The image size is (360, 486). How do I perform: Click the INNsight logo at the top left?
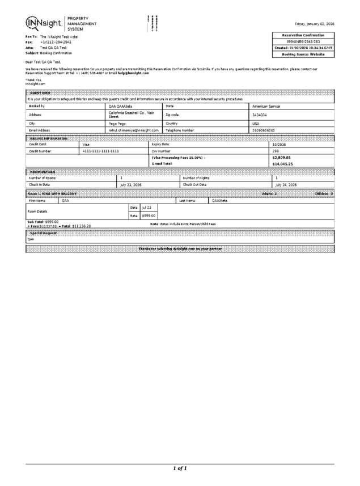pos(44,23)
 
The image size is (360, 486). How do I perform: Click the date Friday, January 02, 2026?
pos(314,24)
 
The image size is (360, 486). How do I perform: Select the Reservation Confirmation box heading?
pos(304,35)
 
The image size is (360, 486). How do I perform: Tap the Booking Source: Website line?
pos(304,54)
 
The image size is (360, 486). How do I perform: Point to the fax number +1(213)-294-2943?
pos(56,43)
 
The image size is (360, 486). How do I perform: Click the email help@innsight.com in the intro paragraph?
pos(133,73)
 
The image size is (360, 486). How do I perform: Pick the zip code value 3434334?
pos(260,114)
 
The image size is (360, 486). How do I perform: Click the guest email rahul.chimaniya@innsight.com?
pos(133,130)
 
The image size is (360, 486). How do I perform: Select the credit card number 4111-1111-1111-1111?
pos(101,151)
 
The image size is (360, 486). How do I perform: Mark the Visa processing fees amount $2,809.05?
pos(282,157)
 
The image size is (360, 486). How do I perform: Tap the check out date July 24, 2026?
pos(286,184)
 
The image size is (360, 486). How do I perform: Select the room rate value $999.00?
pos(149,215)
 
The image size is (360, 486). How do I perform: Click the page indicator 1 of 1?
pos(180,468)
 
